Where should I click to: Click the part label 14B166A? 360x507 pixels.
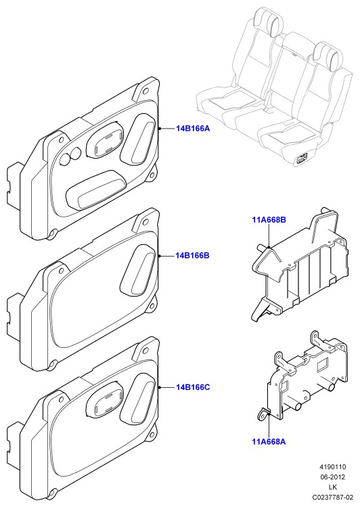pos(193,129)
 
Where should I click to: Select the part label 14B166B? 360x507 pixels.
pos(193,255)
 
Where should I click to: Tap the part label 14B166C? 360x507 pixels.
pos(193,387)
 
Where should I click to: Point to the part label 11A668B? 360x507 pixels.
pos(269,220)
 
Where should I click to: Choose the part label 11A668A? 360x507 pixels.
pos(269,441)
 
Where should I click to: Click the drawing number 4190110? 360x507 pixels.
pos(333,467)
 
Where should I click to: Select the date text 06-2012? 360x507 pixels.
pos(333,477)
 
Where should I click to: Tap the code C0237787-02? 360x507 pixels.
pos(332,497)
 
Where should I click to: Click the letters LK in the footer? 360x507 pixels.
pos(333,487)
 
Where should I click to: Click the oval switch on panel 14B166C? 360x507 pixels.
pos(105,399)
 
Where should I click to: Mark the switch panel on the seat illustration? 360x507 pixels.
pos(302,159)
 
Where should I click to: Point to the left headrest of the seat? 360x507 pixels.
pos(269,20)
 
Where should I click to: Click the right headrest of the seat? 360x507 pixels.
pos(328,55)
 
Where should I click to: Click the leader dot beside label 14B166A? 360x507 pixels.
pos(160,129)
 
